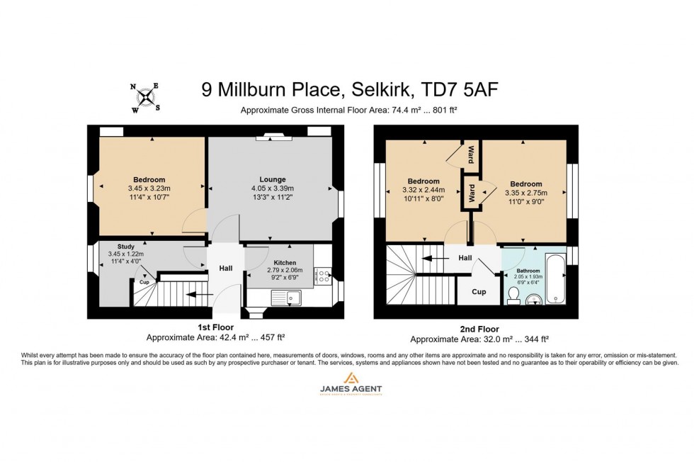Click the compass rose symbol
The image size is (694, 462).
(145, 97)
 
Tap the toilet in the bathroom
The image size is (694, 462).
(513, 295)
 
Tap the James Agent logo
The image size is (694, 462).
(346, 389)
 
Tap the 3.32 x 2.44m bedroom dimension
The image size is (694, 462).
(423, 191)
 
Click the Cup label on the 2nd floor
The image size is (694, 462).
(479, 291)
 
